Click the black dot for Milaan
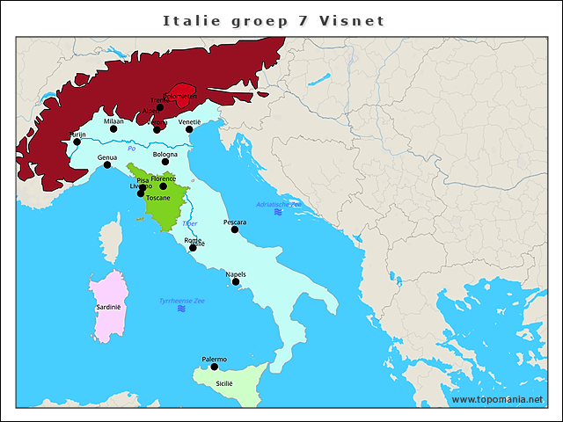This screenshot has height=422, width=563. (113, 129)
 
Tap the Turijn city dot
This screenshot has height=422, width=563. (77, 142)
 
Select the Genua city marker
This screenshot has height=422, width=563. (107, 165)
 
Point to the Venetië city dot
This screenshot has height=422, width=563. (189, 129)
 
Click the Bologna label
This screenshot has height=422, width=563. (165, 154)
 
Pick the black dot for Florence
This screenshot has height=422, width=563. (163, 186)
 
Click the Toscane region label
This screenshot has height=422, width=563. (158, 199)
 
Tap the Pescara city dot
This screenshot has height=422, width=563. (235, 229)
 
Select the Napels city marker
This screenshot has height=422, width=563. (236, 282)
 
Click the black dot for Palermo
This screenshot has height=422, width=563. (214, 367)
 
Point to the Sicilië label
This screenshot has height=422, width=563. (224, 384)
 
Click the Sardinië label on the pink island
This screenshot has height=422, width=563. (108, 308)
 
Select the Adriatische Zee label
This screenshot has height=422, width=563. (278, 204)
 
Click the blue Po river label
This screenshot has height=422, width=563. (130, 149)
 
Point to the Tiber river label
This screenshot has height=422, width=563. (190, 224)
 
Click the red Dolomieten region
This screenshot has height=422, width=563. (186, 97)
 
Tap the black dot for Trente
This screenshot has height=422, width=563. (160, 108)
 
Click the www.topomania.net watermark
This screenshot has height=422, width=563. (497, 399)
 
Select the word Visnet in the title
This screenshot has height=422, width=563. (356, 20)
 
